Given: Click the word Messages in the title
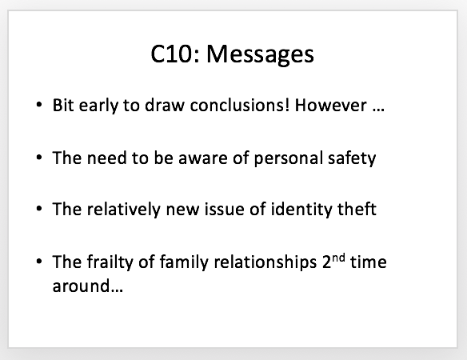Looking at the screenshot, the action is [260, 55].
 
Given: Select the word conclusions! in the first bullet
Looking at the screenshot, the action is [240, 105].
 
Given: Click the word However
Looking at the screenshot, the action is [330, 105].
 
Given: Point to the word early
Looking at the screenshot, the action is [98, 106].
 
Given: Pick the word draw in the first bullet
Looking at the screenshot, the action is [165, 105].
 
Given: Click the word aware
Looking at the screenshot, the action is [203, 158].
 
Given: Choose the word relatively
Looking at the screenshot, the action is [124, 210].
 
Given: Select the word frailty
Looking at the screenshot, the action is [110, 262].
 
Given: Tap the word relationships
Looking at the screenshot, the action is [265, 262].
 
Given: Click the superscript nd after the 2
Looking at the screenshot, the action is [338, 258].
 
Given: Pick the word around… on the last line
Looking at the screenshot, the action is [88, 286].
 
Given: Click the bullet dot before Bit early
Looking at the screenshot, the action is [39, 105].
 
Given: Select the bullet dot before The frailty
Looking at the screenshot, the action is [39, 262].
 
